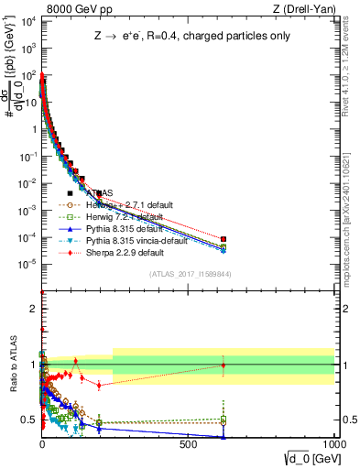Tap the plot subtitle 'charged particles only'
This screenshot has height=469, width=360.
235,37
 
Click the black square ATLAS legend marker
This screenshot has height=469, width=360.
70,193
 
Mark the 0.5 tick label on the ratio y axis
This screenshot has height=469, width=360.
30,420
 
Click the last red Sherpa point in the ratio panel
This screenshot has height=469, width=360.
224,365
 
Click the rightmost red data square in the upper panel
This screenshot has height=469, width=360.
224,239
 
